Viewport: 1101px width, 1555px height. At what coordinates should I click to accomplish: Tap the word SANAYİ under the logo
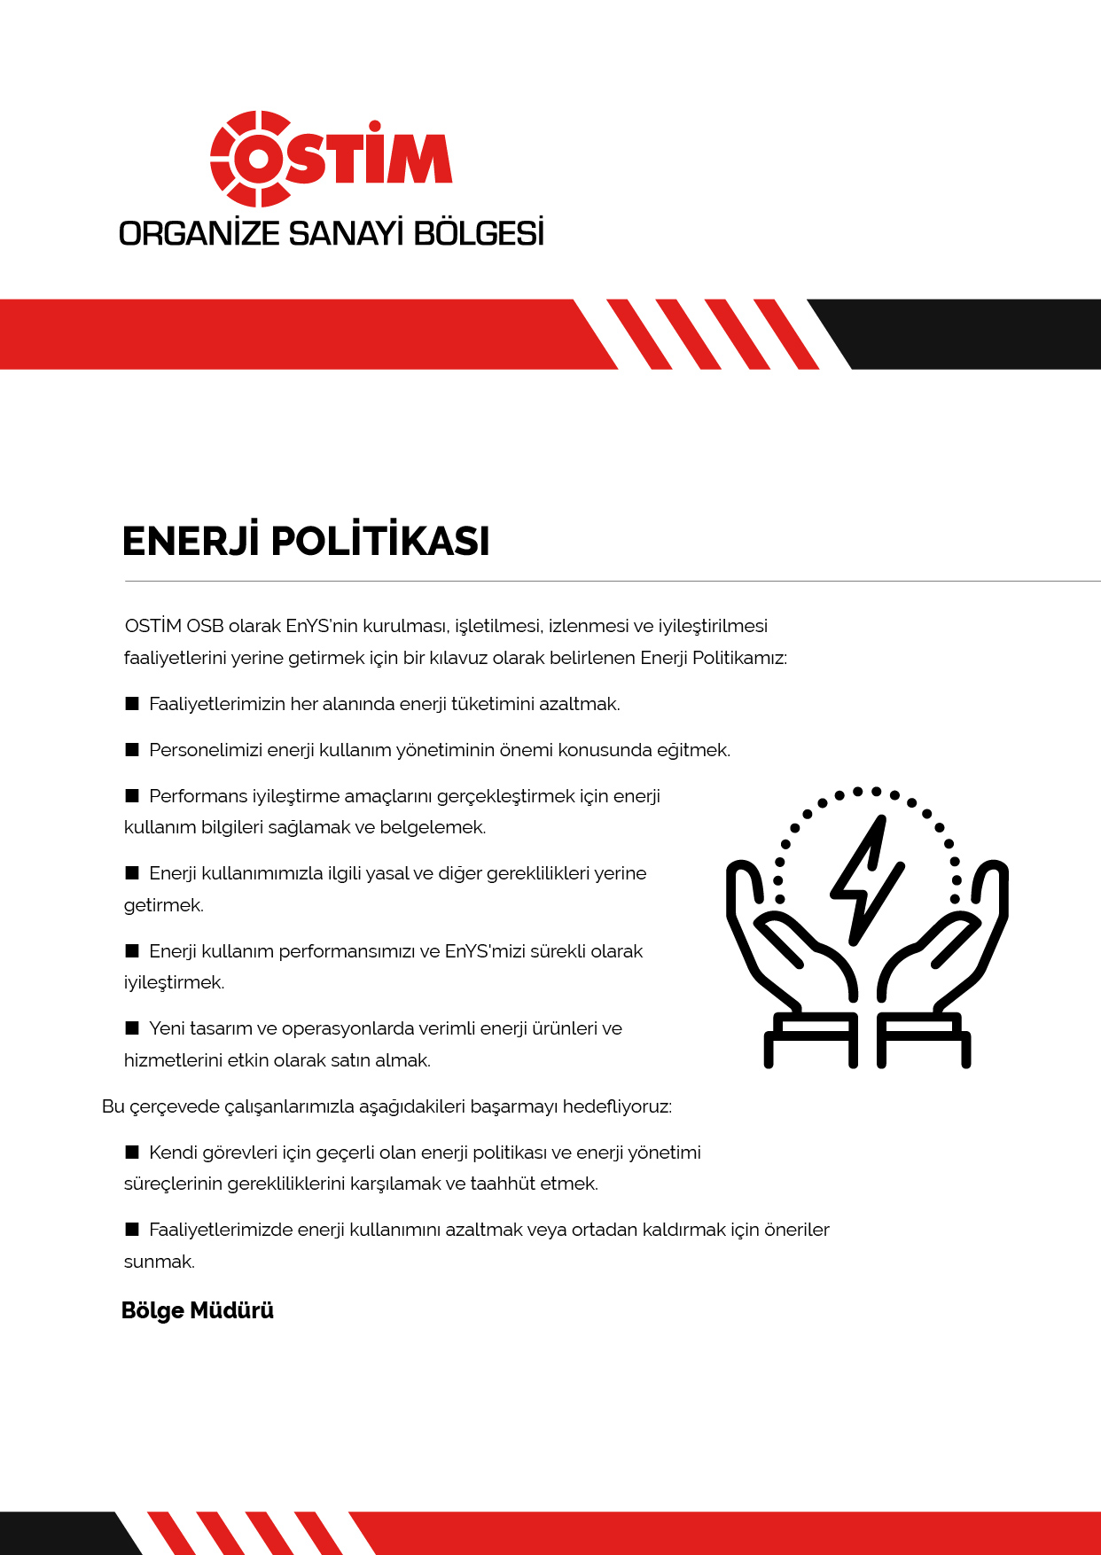(x=347, y=234)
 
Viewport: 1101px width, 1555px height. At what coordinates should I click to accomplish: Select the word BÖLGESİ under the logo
(x=479, y=234)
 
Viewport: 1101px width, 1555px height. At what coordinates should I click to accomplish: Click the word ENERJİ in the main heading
(x=190, y=542)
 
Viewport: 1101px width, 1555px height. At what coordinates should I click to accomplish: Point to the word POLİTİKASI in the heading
(x=380, y=542)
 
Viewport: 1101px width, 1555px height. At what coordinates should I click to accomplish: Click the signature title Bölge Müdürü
(x=198, y=1310)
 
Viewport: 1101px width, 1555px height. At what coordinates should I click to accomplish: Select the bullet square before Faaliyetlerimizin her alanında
(x=132, y=704)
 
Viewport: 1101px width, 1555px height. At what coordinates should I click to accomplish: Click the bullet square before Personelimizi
(x=132, y=750)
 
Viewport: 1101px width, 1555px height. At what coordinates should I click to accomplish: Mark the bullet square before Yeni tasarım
(x=132, y=1028)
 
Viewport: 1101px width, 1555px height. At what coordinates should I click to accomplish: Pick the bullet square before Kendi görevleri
(x=132, y=1153)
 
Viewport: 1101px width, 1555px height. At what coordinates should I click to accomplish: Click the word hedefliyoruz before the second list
(x=617, y=1107)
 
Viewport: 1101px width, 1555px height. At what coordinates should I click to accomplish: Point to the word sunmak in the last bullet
(x=159, y=1262)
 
